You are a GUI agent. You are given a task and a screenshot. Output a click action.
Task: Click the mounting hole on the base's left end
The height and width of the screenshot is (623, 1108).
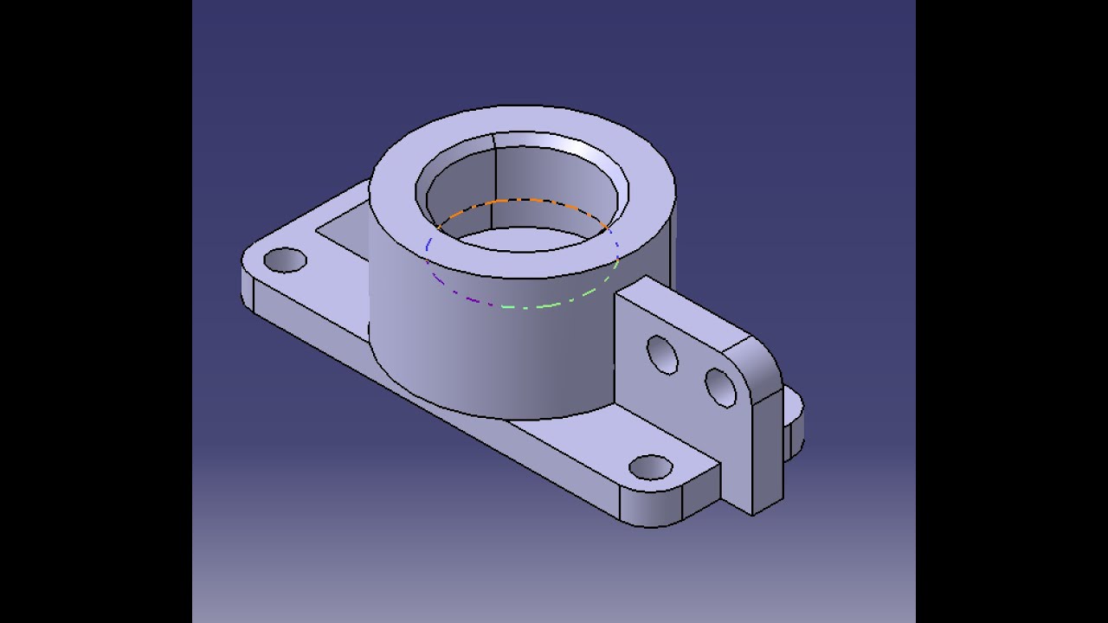click(285, 260)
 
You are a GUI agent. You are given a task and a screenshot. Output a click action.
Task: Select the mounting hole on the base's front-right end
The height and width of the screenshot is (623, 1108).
click(651, 467)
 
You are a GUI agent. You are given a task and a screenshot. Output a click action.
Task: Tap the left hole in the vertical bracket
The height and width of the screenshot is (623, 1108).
click(662, 355)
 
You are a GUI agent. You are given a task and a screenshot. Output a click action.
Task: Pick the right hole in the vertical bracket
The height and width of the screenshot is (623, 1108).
click(720, 388)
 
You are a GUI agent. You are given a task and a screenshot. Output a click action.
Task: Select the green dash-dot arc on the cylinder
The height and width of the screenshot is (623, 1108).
click(554, 304)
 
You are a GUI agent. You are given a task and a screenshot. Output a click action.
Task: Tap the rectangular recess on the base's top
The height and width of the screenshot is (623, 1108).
click(342, 232)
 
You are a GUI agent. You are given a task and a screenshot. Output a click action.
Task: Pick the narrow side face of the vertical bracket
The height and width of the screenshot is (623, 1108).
click(767, 450)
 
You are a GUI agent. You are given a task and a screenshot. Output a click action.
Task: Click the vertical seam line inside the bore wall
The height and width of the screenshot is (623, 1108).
click(494, 173)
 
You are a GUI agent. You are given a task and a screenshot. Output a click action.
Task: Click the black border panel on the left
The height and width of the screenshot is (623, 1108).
click(95, 311)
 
